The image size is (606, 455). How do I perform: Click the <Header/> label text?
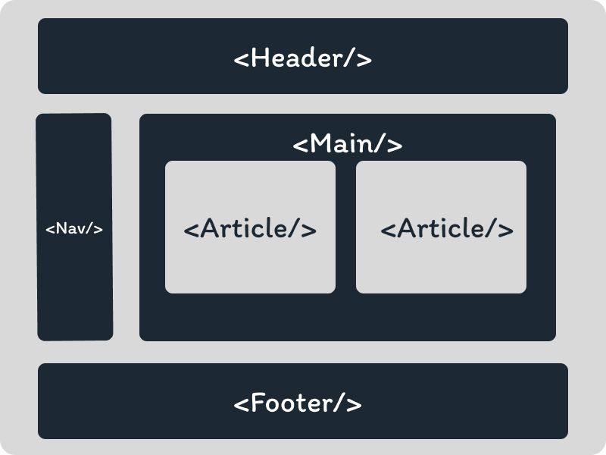(303, 58)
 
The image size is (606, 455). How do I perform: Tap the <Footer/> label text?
(298, 403)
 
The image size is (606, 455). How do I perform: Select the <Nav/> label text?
(74, 228)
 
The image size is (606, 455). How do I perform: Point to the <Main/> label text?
(348, 143)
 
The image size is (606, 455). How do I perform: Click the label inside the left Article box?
(250, 228)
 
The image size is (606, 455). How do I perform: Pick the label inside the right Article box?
(447, 228)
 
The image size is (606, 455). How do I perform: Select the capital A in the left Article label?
(210, 228)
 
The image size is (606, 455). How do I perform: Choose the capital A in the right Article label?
(407, 228)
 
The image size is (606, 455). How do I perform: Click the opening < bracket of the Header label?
(242, 59)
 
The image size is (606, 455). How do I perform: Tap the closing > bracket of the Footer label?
(354, 403)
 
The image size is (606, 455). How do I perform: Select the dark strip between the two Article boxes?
(345, 227)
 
